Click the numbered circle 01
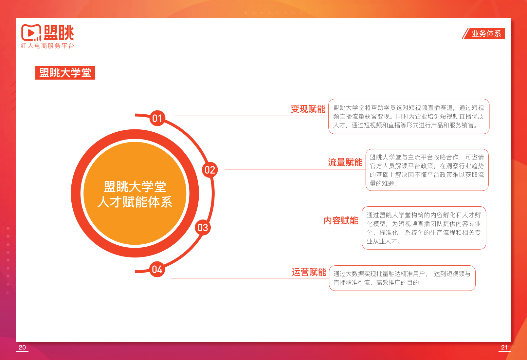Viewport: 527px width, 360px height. [157, 118]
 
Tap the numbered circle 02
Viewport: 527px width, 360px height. [210, 170]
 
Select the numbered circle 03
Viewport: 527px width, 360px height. [203, 227]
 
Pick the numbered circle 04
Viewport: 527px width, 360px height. [157, 269]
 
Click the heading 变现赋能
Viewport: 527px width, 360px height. [308, 109]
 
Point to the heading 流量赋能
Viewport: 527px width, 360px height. [345, 162]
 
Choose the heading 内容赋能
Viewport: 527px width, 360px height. [340, 220]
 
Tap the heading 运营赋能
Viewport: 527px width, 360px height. [309, 272]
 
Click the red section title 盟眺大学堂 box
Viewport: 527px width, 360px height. [65, 73]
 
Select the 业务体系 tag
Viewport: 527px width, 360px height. [486, 33]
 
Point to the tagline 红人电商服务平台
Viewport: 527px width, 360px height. [48, 46]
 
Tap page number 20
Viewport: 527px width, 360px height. [22, 347]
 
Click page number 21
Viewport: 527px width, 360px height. [504, 347]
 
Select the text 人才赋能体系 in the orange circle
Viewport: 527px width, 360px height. [135, 202]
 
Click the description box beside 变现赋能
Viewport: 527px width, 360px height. [409, 116]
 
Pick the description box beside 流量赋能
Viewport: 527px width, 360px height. [427, 170]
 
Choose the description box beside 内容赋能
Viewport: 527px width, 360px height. [424, 228]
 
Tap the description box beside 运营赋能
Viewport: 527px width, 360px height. [402, 278]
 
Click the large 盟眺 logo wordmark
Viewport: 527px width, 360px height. [59, 33]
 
